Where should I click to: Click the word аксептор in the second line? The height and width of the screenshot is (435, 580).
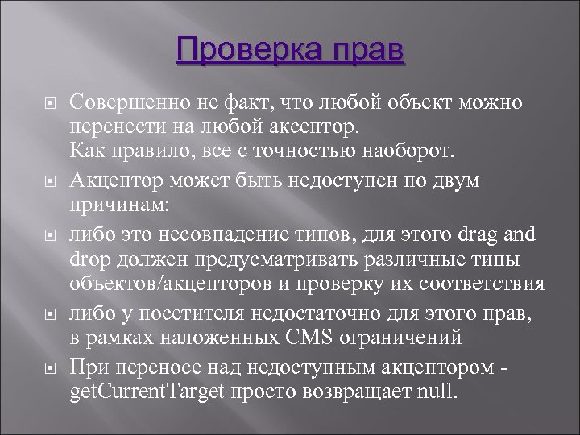(315, 127)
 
